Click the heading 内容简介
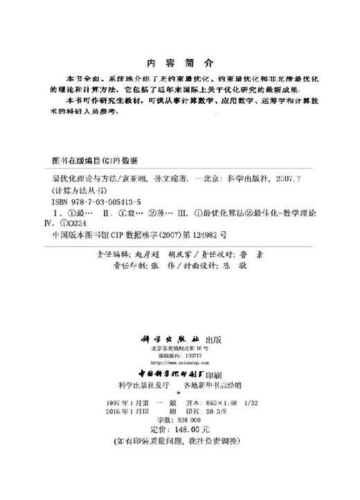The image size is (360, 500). [179, 60]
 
